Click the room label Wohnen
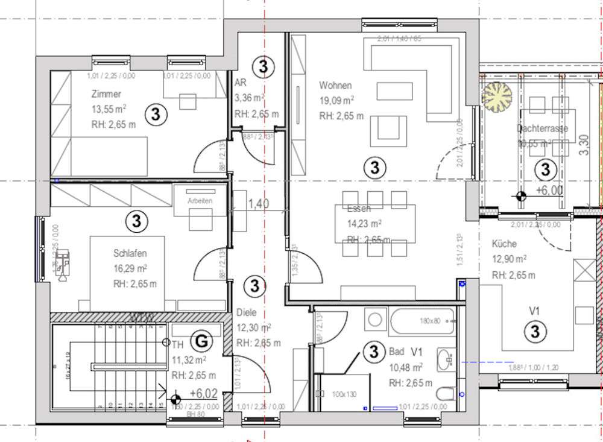point(336,86)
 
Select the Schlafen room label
point(130,253)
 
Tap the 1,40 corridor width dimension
point(259,204)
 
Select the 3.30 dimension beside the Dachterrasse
point(583,145)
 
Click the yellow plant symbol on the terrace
point(496,96)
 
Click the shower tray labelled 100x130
point(344,393)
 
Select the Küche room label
point(504,244)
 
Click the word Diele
point(247,313)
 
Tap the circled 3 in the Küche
point(535,330)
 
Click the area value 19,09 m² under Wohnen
point(336,100)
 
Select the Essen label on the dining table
point(359,209)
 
